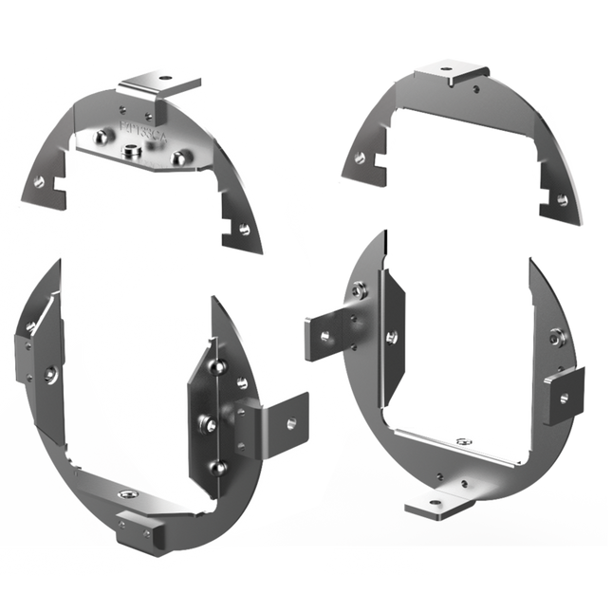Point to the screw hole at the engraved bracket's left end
(38, 180)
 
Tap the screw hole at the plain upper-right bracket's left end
(360, 158)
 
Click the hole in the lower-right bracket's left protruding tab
(325, 335)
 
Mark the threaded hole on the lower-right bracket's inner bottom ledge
(461, 442)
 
